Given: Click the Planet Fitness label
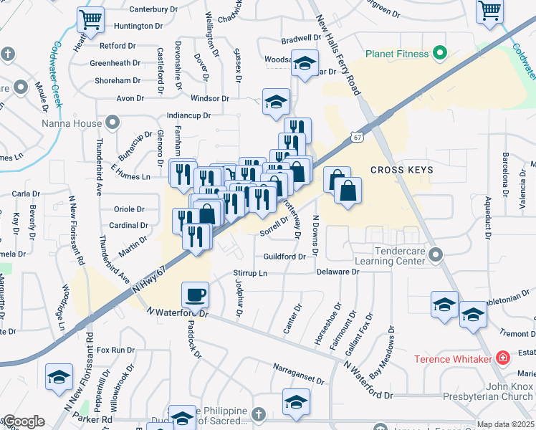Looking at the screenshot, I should [x=396, y=54].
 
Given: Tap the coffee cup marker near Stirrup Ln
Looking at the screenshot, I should [x=196, y=294].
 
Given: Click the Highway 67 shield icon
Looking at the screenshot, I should [x=357, y=135].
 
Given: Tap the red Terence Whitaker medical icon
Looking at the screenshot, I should [x=503, y=357].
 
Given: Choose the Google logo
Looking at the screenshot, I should [x=23, y=421].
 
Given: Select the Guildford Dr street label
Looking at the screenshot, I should [x=284, y=257].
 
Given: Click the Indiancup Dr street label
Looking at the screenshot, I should [x=188, y=115].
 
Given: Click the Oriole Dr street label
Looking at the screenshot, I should [x=130, y=209].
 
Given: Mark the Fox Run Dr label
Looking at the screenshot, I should [x=115, y=350].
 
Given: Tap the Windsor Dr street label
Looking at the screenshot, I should [x=209, y=97].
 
